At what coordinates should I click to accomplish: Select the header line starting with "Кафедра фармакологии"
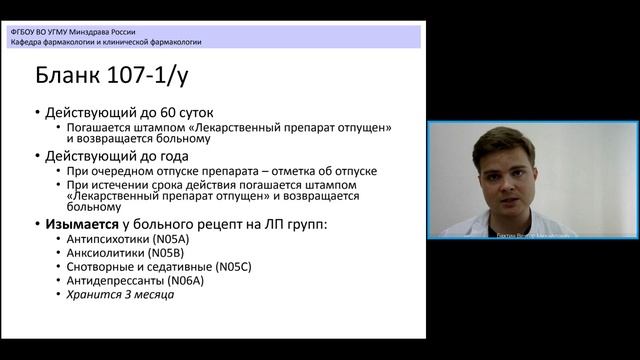pos(105,43)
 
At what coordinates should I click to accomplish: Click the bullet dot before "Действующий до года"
pos(38,157)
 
